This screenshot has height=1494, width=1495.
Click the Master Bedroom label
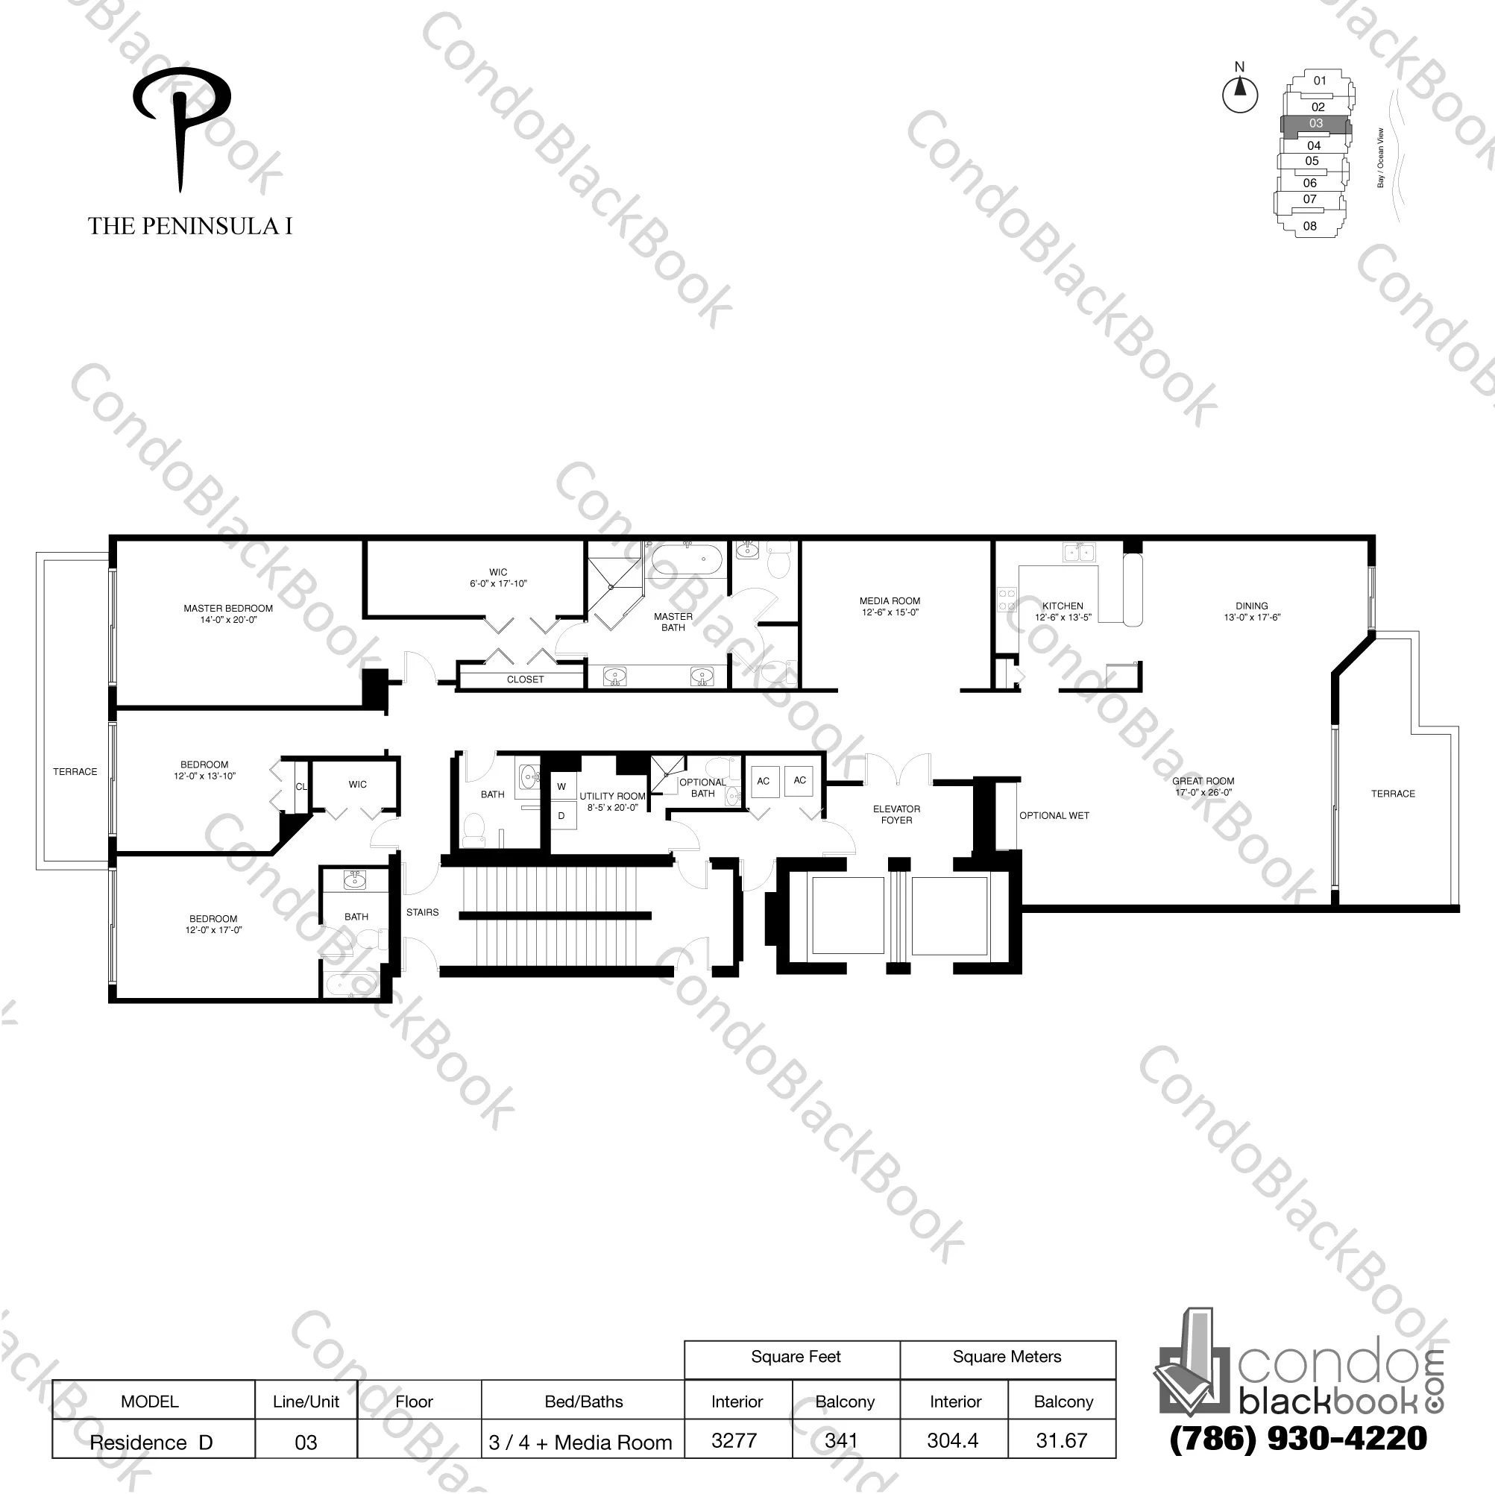[228, 609]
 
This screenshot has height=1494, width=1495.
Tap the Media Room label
[890, 600]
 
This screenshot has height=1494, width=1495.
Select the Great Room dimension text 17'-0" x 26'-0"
[1203, 793]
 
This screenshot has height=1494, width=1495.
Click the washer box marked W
[561, 786]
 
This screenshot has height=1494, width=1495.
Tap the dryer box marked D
[561, 815]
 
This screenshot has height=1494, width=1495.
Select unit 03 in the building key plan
[1316, 123]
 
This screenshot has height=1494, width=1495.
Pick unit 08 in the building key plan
[1310, 226]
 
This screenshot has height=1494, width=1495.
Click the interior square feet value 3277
[734, 1440]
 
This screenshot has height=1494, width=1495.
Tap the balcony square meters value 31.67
[1062, 1440]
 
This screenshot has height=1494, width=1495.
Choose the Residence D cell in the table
[151, 1442]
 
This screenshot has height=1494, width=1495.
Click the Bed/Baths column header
[583, 1401]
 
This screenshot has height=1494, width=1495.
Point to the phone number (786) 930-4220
[1298, 1437]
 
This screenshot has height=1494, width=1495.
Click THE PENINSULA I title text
[190, 226]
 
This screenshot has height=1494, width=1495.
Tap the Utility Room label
[612, 796]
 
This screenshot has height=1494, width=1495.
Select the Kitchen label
[1063, 606]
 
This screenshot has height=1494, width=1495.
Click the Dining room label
[1251, 606]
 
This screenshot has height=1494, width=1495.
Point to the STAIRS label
[423, 913]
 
